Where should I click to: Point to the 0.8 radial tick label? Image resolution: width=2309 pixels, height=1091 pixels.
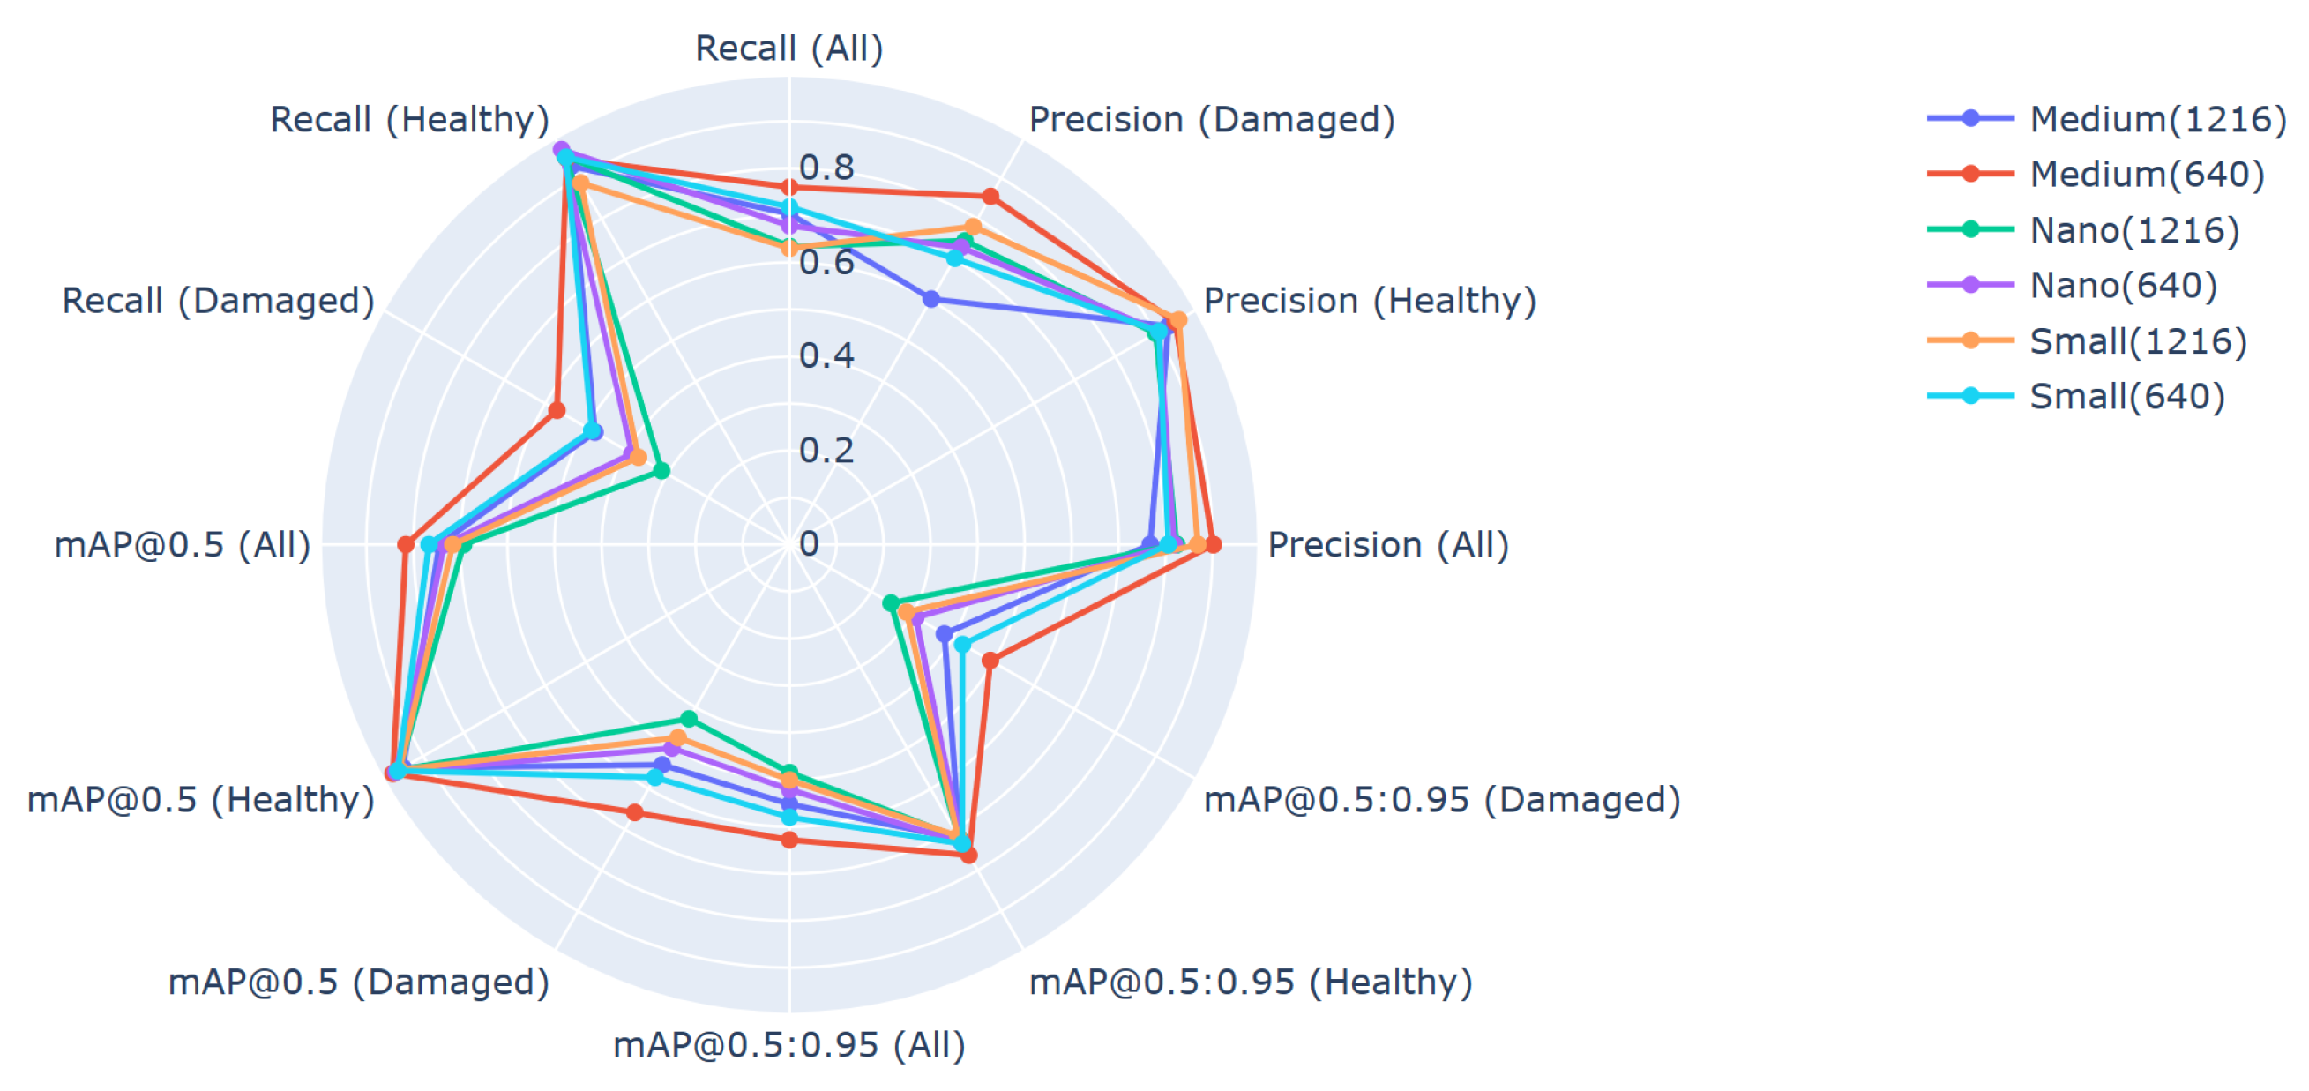pyautogui.click(x=826, y=168)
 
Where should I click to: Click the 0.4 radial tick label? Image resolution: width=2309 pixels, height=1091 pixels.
pyautogui.click(x=826, y=356)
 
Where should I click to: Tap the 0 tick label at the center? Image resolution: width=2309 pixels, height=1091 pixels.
pyautogui.click(x=809, y=543)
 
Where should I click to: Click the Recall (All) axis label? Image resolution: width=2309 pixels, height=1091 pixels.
pyautogui.click(x=788, y=48)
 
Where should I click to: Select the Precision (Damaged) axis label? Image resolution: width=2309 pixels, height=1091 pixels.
pyautogui.click(x=1211, y=119)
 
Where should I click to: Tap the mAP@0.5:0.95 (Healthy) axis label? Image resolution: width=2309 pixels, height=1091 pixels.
pyautogui.click(x=1251, y=982)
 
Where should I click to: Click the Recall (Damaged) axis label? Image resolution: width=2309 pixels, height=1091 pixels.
pyautogui.click(x=218, y=301)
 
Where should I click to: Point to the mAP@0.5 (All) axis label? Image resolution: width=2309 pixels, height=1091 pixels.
pyautogui.click(x=182, y=544)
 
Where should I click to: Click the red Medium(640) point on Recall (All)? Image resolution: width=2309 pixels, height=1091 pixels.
pyautogui.click(x=788, y=186)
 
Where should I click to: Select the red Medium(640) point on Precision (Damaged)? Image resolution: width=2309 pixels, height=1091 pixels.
pyautogui.click(x=990, y=197)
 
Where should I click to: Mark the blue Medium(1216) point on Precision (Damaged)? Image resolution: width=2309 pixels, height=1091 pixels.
pyautogui.click(x=931, y=298)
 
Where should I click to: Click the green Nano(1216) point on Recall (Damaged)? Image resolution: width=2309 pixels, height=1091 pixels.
pyautogui.click(x=661, y=470)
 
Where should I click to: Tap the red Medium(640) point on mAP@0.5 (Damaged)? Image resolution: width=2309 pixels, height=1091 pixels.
pyautogui.click(x=635, y=812)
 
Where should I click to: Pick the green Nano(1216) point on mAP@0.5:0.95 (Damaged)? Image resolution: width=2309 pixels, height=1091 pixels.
pyautogui.click(x=891, y=602)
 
